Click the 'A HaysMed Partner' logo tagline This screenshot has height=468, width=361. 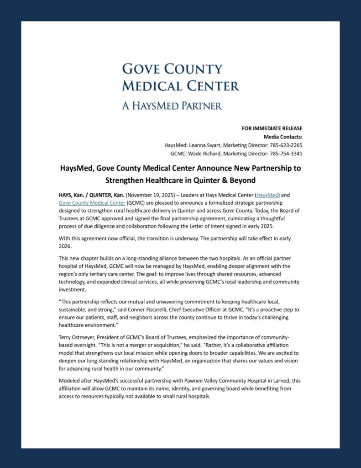(x=172, y=106)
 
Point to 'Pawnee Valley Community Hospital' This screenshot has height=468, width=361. (x=229, y=381)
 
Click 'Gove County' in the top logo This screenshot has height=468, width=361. (x=172, y=69)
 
